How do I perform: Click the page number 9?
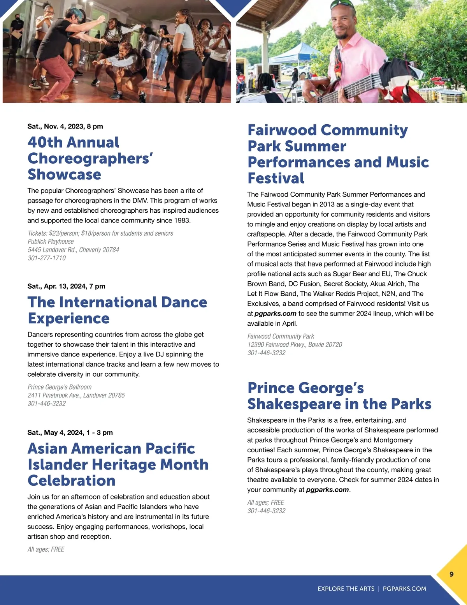pos(451,574)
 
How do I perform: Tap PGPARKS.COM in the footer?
pos(404,589)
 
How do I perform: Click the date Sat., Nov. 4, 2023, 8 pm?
pos(65,126)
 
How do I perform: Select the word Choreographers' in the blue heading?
pos(90,159)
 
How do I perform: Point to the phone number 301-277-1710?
pos(47,258)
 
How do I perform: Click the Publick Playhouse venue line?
pos(51,242)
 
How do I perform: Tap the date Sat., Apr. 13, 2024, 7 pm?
pos(67,286)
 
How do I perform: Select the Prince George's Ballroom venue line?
pos(60,387)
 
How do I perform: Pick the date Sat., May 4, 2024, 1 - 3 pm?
pos(70,432)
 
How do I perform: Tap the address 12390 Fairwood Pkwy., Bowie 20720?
pos(295,344)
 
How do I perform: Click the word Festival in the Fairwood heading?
pos(276,178)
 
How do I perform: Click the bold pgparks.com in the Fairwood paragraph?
pos(275,314)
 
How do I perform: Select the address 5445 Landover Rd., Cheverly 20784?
pos(73,250)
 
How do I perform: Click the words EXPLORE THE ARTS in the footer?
pos(346,589)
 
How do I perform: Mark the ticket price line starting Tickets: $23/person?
pos(100,233)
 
